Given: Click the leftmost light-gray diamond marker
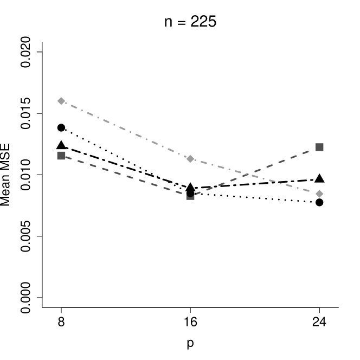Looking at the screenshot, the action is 61,101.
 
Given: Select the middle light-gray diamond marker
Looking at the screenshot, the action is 190,159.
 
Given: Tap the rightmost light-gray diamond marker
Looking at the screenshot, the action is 319,194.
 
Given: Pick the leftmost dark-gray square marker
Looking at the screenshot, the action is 61,156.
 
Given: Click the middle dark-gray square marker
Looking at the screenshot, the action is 190,196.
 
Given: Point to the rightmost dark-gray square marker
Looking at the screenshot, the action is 319,147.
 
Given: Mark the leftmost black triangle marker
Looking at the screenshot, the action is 61,144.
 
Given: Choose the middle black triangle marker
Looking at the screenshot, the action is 190,187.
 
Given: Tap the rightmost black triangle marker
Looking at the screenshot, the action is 319,178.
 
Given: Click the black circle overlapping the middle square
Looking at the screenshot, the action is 190,193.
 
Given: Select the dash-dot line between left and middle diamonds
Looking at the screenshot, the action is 126,130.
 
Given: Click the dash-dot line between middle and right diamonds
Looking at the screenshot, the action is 255,176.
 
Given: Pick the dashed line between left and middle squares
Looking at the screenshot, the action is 126,176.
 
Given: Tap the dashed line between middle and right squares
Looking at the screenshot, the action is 255,171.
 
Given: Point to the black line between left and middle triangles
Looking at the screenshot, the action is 126,166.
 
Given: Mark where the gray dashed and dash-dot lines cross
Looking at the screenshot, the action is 248,174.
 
